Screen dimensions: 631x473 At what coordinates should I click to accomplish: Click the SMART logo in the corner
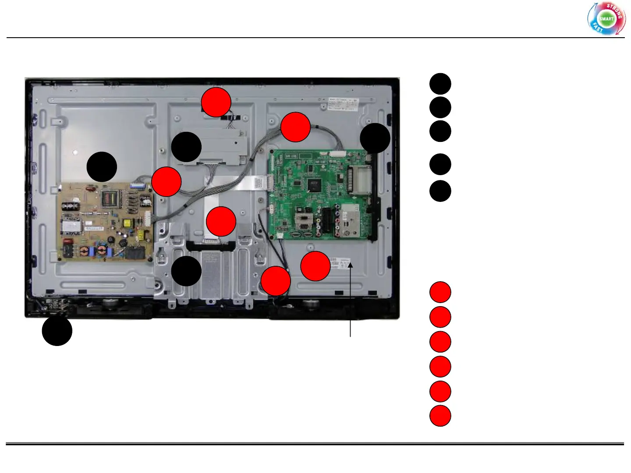coord(606,19)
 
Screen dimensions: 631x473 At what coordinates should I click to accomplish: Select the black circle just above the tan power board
coord(102,167)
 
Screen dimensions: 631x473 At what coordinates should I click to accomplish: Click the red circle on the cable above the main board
coord(295,127)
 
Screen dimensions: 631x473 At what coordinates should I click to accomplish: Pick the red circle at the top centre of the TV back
coord(216,102)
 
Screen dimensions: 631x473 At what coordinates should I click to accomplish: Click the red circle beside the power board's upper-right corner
coord(167,181)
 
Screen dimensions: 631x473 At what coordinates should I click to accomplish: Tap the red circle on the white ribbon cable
coord(221,221)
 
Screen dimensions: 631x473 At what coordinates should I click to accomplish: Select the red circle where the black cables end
coord(276,281)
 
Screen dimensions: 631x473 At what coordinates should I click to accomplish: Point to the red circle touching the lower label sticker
coord(315,266)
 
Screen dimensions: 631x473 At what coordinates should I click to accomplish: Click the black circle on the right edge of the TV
coord(375,138)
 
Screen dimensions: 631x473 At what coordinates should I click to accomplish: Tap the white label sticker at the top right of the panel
coord(344,104)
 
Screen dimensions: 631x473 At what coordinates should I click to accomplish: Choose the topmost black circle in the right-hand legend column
coord(440,84)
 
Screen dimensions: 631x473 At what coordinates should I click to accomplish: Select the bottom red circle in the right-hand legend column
coord(440,416)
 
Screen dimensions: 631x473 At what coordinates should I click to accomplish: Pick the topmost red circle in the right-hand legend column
coord(440,292)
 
